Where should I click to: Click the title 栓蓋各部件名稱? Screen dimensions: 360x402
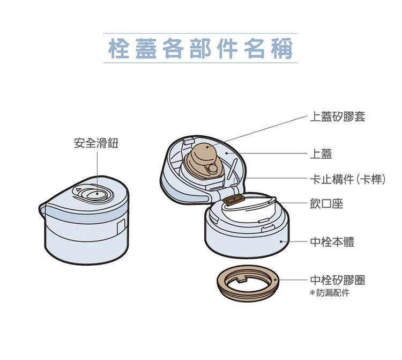[x=200, y=48]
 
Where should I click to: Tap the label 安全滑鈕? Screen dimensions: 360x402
[x=96, y=143]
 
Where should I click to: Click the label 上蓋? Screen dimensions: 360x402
[x=322, y=155]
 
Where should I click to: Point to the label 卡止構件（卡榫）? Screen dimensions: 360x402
[x=348, y=179]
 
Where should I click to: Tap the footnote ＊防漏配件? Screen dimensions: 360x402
[x=330, y=293]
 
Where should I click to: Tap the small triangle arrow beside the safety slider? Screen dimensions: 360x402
[x=78, y=190]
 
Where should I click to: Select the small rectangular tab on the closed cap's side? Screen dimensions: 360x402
[x=121, y=225]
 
